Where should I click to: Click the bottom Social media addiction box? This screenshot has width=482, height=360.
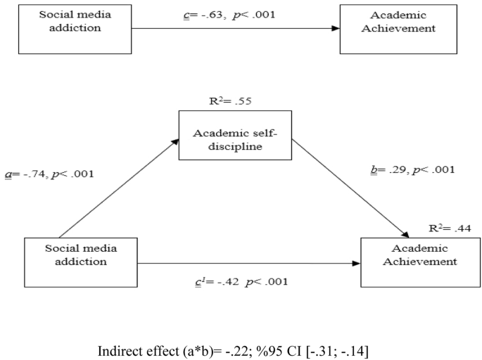coord(71,262)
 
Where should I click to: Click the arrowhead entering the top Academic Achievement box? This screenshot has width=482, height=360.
coord(334,29)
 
